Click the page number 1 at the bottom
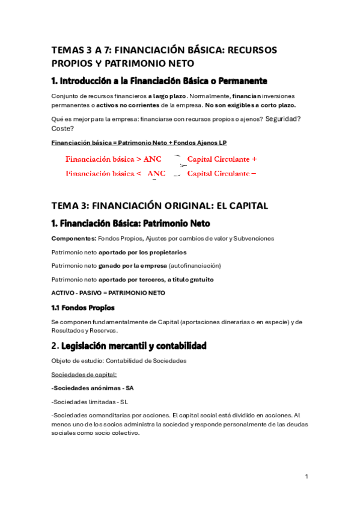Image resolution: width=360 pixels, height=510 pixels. coord(307,476)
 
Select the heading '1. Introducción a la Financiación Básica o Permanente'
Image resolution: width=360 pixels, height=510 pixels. coord(159,81)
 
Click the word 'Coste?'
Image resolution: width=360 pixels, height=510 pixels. coord(63,128)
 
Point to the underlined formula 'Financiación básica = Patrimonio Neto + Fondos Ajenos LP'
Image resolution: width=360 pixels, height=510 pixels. coord(139,143)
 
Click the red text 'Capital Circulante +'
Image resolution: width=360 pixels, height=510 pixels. coord(222,159)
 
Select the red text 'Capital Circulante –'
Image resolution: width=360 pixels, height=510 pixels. coord(222,173)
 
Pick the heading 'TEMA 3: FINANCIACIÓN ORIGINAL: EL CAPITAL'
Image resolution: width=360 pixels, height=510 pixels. coord(159,206)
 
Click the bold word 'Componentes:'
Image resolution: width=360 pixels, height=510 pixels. coord(73,238)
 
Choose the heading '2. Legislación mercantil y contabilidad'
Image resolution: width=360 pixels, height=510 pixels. coord(129,346)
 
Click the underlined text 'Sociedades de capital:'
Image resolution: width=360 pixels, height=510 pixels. coord(84,374)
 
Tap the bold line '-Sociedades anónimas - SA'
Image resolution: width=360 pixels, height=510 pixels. coord(93,388)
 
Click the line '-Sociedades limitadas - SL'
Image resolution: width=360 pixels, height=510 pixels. coord(90,402)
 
